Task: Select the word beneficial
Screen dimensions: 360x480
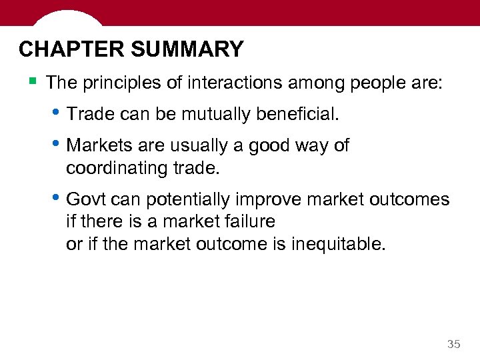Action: click(297, 115)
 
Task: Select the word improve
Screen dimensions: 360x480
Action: click(269, 200)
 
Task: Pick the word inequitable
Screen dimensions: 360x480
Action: click(338, 244)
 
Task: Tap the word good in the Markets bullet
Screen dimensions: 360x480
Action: click(268, 146)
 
